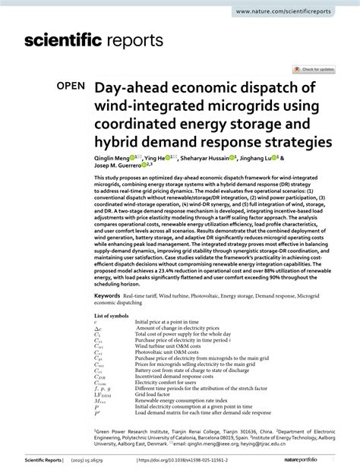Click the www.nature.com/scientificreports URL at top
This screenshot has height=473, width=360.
tap(305, 11)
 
